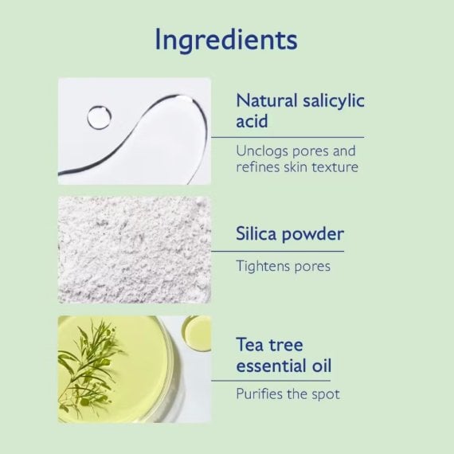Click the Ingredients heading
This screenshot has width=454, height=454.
[x=226, y=41]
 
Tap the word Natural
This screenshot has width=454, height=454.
[x=267, y=101]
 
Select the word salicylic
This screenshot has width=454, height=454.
[x=334, y=102]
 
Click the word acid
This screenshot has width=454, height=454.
[x=252, y=121]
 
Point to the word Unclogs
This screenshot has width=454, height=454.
[x=262, y=152]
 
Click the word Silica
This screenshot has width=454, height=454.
[x=256, y=234]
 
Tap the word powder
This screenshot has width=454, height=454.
[x=313, y=235]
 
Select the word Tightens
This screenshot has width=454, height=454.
[x=263, y=267]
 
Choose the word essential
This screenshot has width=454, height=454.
[x=272, y=366]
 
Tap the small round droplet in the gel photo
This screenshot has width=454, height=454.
[x=99, y=117]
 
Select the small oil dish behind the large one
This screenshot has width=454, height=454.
[x=197, y=333]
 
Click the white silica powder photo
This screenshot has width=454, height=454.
[x=135, y=250]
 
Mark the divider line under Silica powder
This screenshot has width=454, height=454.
[x=278, y=252]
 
